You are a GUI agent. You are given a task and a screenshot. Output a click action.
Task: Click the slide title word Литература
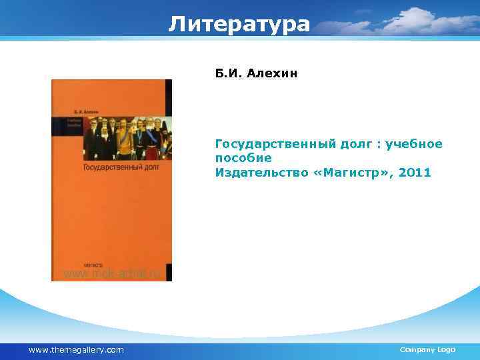(x=239, y=24)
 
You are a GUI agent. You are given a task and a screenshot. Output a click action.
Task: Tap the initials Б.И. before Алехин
(x=228, y=72)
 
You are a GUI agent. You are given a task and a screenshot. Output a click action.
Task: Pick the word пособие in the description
(x=243, y=158)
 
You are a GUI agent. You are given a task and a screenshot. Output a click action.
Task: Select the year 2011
(x=416, y=173)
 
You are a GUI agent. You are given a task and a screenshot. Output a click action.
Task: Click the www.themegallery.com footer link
(x=76, y=350)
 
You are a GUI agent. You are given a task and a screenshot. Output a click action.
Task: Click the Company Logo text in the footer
(x=427, y=350)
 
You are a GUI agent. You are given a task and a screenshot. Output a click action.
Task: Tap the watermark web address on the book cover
(x=112, y=273)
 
